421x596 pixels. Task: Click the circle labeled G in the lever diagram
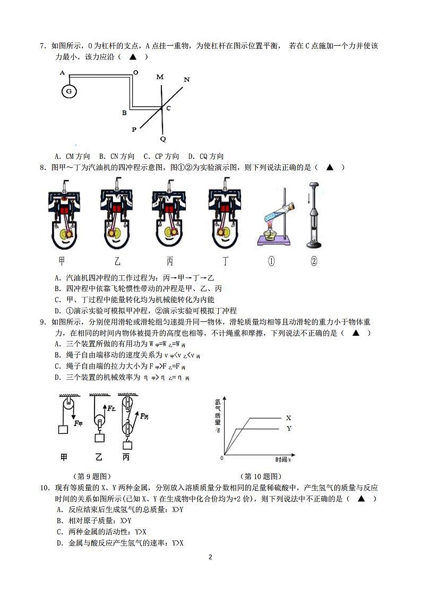point(68,91)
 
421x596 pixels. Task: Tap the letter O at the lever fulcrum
point(135,72)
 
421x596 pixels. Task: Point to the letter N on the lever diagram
point(186,80)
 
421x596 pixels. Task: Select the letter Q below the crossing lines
point(163,139)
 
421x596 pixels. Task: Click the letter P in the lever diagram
point(134,129)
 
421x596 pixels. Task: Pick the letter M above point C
point(160,77)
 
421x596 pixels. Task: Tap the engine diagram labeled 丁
point(226,215)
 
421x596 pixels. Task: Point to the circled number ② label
point(314,261)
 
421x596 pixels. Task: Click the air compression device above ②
point(313,215)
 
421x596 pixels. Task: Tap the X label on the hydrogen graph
point(288,418)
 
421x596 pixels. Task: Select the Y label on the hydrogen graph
point(288,428)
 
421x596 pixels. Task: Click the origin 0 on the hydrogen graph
point(222,457)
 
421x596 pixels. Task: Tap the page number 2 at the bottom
point(210,557)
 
